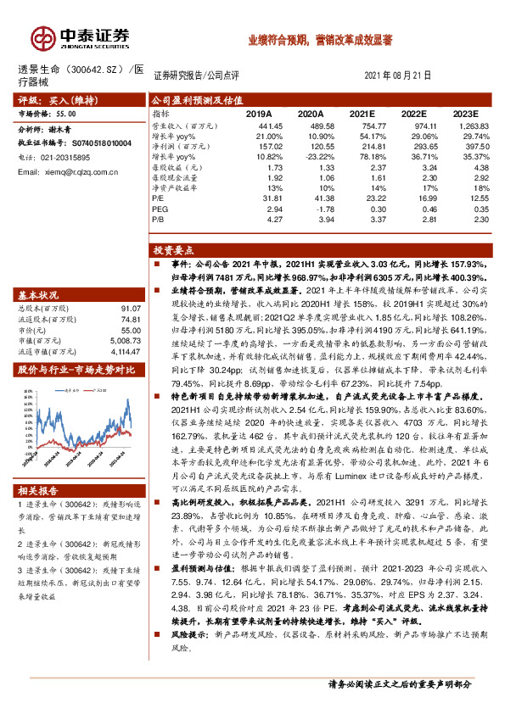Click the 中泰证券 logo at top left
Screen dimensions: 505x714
(81, 36)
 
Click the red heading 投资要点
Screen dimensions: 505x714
(171, 251)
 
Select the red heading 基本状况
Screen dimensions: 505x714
(37, 295)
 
